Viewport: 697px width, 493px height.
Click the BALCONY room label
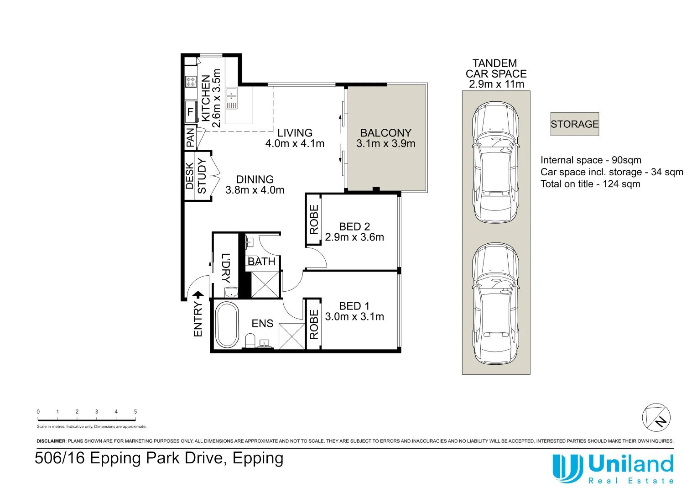385,133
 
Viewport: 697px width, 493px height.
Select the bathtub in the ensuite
227,325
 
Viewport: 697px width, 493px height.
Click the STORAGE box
574,124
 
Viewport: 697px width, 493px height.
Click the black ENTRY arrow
198,296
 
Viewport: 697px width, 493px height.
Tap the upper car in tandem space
495,162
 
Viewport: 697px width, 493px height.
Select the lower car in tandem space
495,304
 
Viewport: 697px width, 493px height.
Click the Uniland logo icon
567,468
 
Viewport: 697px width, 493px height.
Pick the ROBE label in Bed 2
314,220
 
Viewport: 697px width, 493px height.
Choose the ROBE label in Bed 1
314,324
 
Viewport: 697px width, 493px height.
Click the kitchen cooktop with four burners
191,82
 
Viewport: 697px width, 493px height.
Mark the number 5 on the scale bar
135,412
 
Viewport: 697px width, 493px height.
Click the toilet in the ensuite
250,341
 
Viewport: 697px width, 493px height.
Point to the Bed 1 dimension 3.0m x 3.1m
354,317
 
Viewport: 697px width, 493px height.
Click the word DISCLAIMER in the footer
51,441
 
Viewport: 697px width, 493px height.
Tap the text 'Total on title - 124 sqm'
590,184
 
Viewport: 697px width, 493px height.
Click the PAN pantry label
190,137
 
